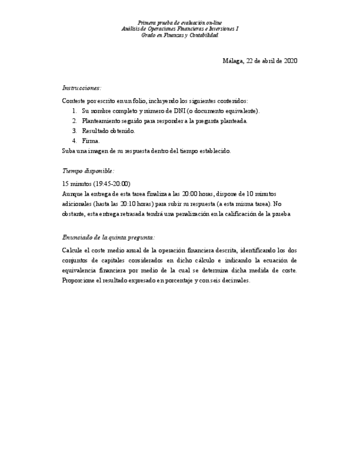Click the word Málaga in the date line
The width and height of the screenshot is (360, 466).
(x=233, y=61)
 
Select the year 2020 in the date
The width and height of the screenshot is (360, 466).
(x=290, y=61)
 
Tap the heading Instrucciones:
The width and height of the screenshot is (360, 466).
(x=81, y=88)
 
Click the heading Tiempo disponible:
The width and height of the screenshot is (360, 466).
(x=88, y=171)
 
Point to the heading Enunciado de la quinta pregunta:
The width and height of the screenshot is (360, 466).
(x=108, y=237)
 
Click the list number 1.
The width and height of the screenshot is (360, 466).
(x=74, y=111)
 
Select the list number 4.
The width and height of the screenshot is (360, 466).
(x=74, y=141)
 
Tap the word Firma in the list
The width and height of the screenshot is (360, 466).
(x=91, y=141)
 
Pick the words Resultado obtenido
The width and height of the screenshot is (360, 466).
(x=108, y=131)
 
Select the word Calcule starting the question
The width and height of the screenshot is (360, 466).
(x=73, y=251)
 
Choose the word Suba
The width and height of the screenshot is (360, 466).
(x=69, y=151)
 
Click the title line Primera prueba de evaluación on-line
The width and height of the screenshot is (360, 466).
(x=180, y=23)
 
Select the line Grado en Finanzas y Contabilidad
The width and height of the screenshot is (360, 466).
(x=180, y=35)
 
